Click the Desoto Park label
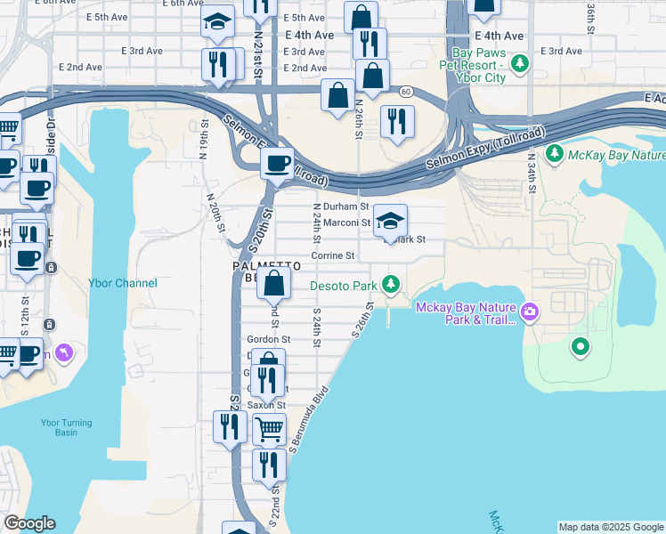(x=344, y=286)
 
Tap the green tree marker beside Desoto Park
(x=390, y=285)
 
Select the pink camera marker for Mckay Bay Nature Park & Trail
(x=530, y=311)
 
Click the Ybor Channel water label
(x=123, y=283)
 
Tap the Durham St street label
(x=339, y=206)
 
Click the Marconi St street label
(x=346, y=222)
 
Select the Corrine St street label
(x=333, y=255)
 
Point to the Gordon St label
(x=269, y=339)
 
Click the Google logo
(x=29, y=523)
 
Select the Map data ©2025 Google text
(x=611, y=527)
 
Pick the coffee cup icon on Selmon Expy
(x=277, y=164)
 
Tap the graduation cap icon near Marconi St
(x=389, y=221)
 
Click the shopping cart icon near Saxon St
(x=268, y=429)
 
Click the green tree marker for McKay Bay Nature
(x=555, y=155)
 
